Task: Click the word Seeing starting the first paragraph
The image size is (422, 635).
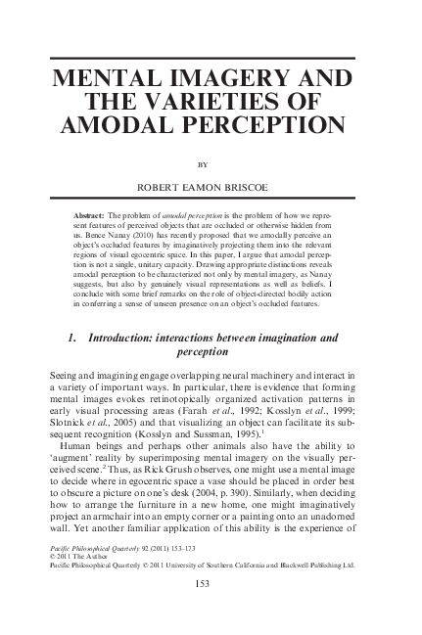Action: click(66, 375)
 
